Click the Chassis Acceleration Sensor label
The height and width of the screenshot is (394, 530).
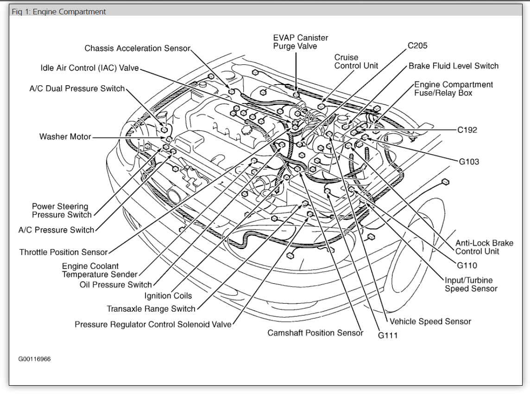(138, 48)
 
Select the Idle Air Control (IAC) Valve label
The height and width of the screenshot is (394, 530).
(89, 68)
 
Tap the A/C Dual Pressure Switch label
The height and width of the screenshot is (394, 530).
(77, 88)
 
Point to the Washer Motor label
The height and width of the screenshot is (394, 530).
(65, 137)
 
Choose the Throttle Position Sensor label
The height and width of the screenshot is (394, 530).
(63, 252)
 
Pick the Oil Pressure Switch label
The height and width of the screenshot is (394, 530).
(115, 285)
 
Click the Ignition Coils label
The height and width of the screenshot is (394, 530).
(168, 296)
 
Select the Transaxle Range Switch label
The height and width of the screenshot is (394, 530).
(151, 309)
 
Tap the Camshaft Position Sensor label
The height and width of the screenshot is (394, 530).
(315, 333)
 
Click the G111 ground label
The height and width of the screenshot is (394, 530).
(388, 336)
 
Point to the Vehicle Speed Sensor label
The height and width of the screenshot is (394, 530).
(430, 321)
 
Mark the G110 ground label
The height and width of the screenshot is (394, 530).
(467, 265)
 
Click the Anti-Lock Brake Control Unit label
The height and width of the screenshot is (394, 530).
(484, 247)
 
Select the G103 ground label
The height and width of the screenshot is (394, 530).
(469, 162)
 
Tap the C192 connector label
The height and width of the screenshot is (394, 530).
(467, 130)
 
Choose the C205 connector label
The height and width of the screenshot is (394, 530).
(417, 45)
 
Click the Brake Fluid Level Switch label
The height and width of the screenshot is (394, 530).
(454, 66)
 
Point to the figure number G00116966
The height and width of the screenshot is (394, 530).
(35, 359)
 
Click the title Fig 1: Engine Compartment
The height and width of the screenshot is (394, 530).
(59, 12)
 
